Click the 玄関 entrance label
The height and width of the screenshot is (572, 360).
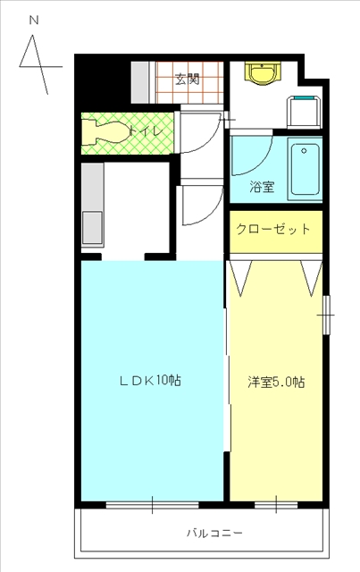pos(188,80)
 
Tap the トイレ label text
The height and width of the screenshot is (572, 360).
pos(146,131)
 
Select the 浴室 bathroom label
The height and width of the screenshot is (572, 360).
pos(262,187)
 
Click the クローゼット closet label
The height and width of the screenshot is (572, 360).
pos(273,230)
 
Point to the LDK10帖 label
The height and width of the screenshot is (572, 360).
pos(151,381)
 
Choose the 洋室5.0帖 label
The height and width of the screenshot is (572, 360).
pos(276,382)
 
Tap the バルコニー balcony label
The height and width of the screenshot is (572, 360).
pos(214,534)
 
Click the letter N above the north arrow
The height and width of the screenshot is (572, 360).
pos(34,21)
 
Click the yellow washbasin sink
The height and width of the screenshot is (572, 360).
pos(262,73)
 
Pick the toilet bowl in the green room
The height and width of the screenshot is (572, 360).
pos(105,133)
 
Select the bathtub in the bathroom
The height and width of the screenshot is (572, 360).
pos(305,169)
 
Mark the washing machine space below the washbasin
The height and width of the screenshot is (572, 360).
pos(305,112)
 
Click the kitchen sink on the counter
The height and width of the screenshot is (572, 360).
pos(92,228)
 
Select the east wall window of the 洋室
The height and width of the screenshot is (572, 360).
pos(327,315)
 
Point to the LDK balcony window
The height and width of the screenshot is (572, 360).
pos(152,505)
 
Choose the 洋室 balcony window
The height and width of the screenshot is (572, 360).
pos(276,505)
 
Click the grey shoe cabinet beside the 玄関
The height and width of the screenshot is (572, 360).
pos(140,82)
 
